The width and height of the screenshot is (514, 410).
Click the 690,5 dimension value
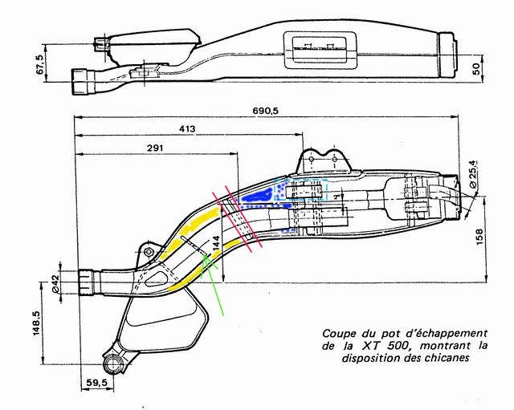263,110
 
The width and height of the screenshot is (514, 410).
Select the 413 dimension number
186,128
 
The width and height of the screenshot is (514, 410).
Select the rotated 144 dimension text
214,243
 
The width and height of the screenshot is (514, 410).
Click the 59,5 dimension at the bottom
96,384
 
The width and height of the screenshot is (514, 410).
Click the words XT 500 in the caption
378,345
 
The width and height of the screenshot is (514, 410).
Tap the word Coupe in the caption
338,332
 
